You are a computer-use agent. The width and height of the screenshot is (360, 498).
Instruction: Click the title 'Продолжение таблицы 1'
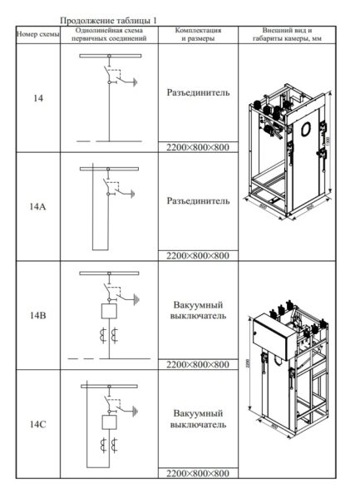(x=110, y=19)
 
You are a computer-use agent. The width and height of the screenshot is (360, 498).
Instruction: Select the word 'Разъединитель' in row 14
(x=197, y=92)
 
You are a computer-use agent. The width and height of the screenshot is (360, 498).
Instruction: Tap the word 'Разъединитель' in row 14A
(x=197, y=200)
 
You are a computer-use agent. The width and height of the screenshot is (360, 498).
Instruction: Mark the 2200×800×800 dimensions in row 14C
(x=197, y=473)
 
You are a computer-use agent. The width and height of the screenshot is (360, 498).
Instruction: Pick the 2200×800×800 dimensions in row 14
(x=197, y=147)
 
